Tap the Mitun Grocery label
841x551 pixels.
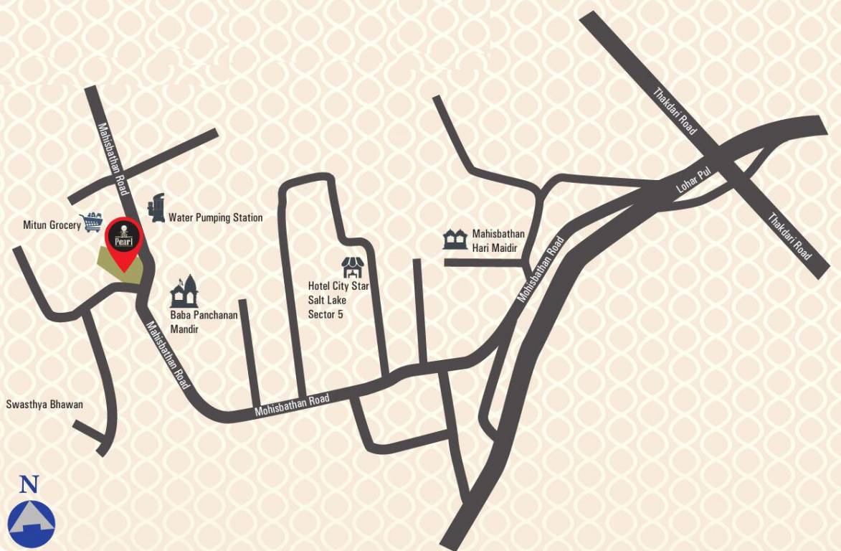pyautogui.click(x=52, y=225)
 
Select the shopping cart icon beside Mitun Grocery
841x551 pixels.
pyautogui.click(x=92, y=221)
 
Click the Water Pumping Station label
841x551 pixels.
pyautogui.click(x=215, y=217)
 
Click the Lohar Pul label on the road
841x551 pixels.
pyautogui.click(x=692, y=184)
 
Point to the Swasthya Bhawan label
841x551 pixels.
pyautogui.click(x=44, y=405)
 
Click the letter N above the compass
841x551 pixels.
pyautogui.click(x=29, y=484)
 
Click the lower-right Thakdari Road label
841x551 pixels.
pyautogui.click(x=789, y=236)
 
